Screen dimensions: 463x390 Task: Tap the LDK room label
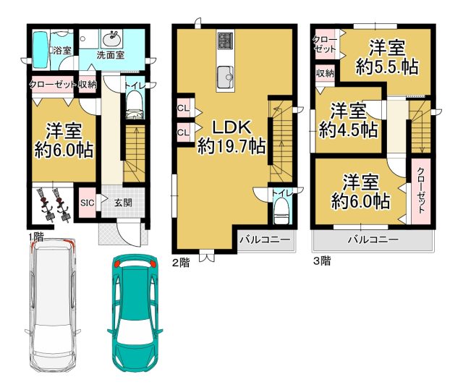coord(232,127)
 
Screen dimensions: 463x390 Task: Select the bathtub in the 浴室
coord(41,49)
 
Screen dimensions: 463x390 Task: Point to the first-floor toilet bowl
coord(135,105)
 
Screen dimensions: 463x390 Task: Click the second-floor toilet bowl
coord(280,211)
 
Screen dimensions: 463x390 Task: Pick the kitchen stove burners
coord(225,41)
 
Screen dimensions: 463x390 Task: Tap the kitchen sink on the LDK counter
coord(225,77)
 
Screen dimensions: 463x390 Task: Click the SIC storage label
coord(88,203)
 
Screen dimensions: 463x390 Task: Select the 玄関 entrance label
coord(123,203)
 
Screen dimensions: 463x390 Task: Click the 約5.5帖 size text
coord(387,67)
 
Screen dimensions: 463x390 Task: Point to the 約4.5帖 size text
coord(349,130)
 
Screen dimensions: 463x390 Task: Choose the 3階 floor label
coord(322,261)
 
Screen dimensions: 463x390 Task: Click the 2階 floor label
coord(181,262)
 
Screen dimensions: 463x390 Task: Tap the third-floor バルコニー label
coord(373,239)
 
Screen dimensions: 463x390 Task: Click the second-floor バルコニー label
coord(265,239)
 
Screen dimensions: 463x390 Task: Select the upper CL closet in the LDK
coord(183,109)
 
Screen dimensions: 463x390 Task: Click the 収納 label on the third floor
coord(325,73)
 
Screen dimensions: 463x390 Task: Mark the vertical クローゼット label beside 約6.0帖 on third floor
coord(421,190)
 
